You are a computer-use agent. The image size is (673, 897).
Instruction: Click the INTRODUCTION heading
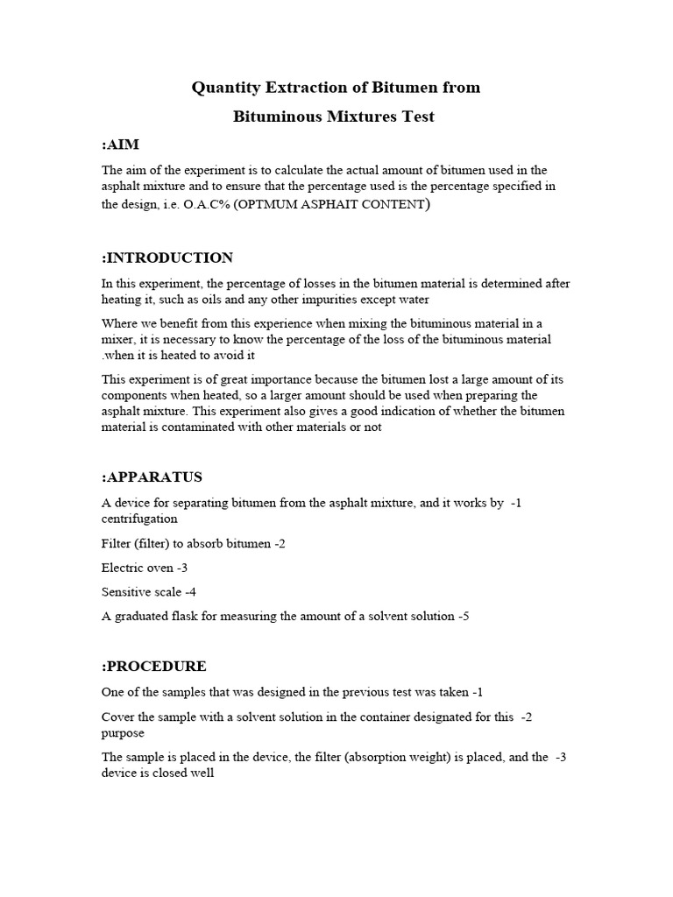(x=167, y=258)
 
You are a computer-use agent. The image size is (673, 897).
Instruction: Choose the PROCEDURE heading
(x=154, y=667)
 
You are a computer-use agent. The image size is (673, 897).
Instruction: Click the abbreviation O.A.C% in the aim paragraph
(x=207, y=204)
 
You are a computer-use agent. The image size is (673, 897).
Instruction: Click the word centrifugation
(x=139, y=519)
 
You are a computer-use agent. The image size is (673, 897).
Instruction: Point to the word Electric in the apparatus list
(x=124, y=568)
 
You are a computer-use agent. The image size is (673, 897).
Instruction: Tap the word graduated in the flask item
(x=145, y=617)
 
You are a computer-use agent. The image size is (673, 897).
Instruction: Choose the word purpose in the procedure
(x=123, y=733)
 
